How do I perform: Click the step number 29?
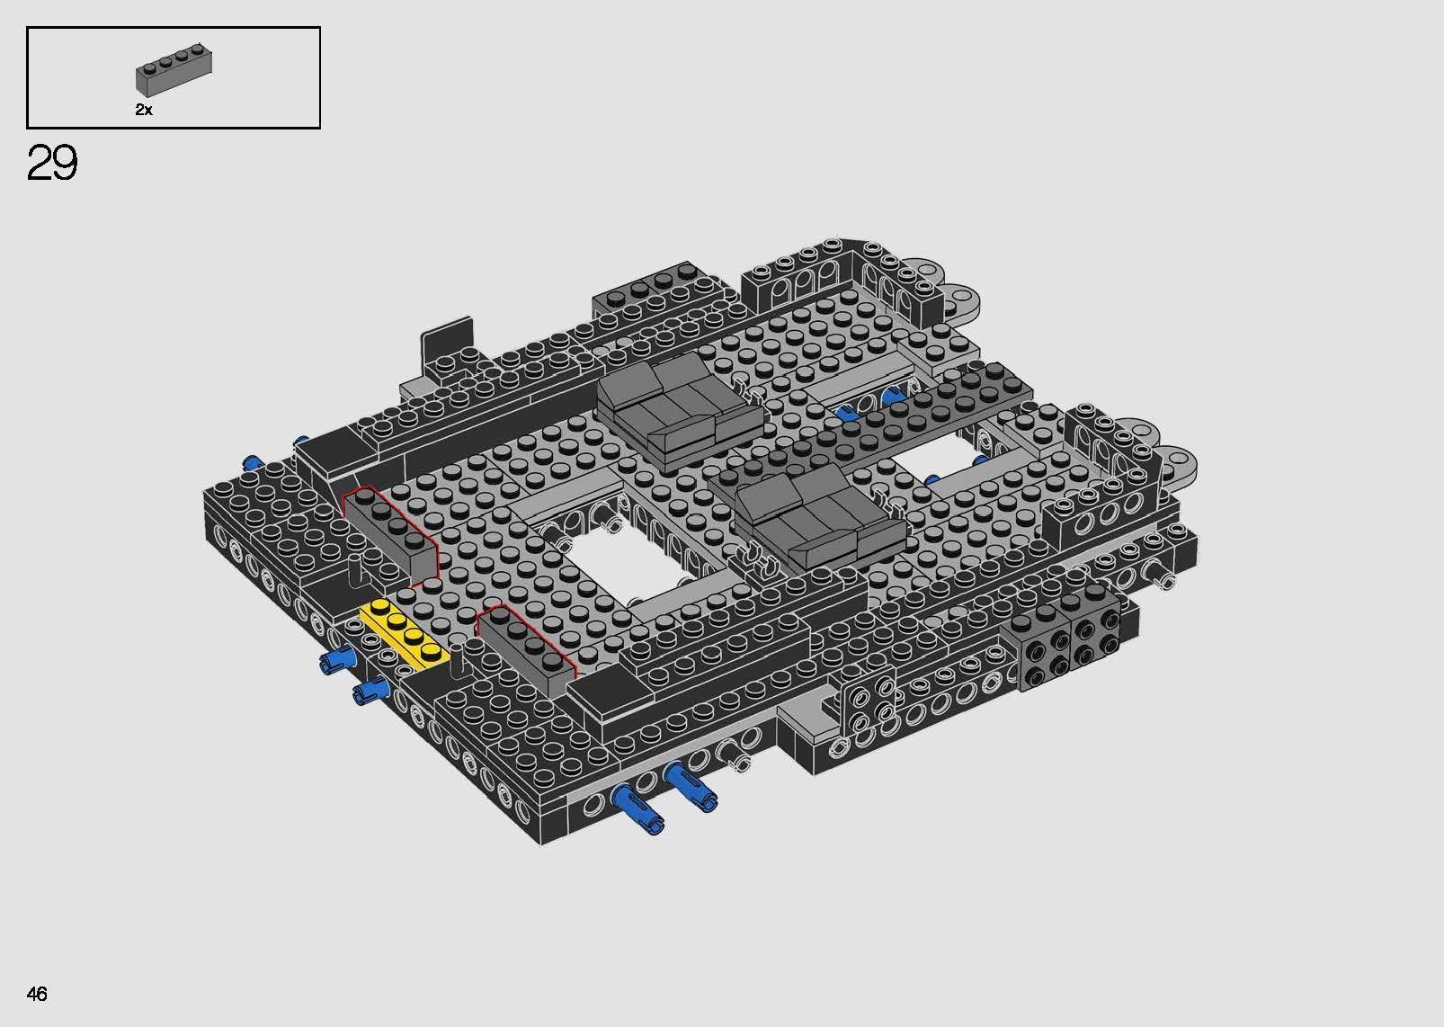coord(52,164)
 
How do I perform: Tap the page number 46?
coord(37,994)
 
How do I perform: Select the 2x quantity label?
coord(144,110)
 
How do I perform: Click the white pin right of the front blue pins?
coord(740,764)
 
